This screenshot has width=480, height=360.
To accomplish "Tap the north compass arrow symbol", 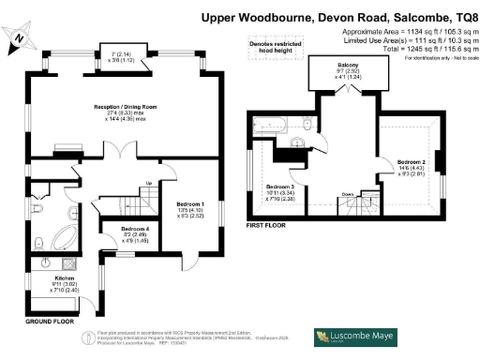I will coord(20,37).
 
